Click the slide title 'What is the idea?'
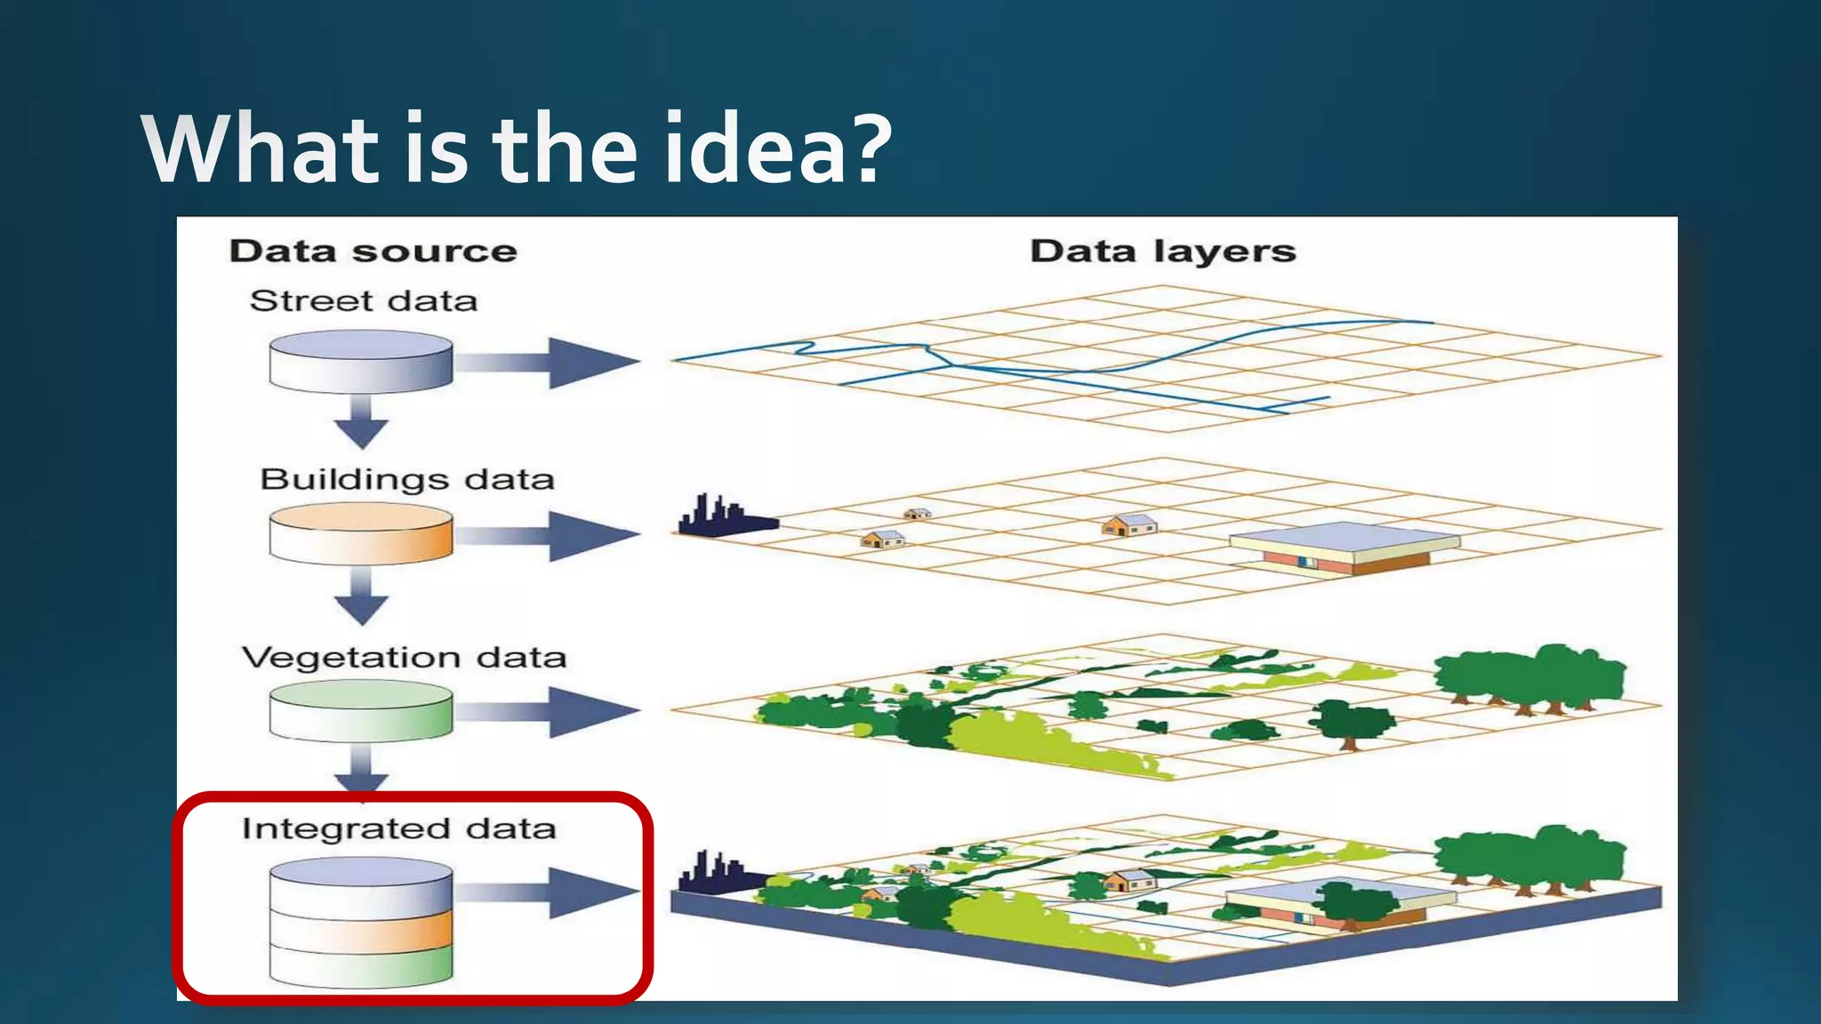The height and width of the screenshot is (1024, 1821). click(516, 148)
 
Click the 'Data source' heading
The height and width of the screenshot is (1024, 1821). click(373, 252)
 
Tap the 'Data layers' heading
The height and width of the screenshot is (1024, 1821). click(1162, 252)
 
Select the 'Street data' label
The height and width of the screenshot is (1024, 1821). click(363, 301)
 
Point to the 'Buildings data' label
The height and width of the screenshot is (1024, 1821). click(407, 480)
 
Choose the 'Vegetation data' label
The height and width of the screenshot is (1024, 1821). click(404, 658)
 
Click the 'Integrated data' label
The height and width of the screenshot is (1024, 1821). click(398, 828)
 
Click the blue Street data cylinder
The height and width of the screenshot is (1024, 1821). click(361, 361)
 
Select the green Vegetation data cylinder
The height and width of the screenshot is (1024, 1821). click(361, 710)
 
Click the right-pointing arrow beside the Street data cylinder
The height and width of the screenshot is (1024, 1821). click(551, 362)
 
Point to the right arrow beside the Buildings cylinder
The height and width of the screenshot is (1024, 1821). click(551, 535)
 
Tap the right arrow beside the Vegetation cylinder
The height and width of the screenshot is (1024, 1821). click(551, 711)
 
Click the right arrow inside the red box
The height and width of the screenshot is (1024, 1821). click(551, 892)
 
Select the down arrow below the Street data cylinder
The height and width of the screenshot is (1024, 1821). click(361, 422)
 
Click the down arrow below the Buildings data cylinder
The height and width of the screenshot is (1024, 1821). click(361, 596)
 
